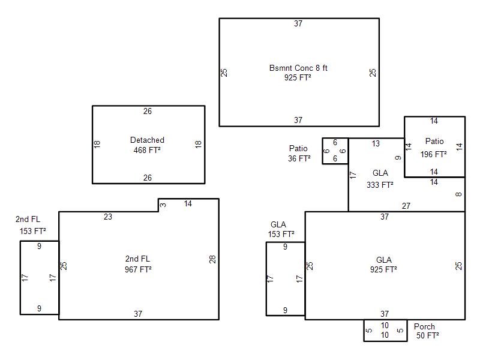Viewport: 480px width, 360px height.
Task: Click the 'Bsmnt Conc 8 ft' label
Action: point(298,68)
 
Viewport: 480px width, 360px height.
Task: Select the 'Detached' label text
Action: point(147,140)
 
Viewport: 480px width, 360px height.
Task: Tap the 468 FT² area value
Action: point(147,151)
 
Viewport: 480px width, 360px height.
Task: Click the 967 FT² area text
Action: point(138,269)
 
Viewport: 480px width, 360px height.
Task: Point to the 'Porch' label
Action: point(424,326)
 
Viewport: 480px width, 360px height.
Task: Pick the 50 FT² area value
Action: point(427,335)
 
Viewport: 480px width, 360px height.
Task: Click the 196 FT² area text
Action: point(433,154)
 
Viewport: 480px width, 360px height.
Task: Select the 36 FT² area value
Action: point(299,158)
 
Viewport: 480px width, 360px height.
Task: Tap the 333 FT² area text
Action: point(380,185)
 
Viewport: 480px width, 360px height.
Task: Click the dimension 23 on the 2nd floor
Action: point(108,217)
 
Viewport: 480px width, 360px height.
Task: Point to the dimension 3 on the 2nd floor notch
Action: point(163,205)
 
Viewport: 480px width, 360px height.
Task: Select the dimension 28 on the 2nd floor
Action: point(212,259)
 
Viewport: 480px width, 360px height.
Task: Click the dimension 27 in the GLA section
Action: point(406,206)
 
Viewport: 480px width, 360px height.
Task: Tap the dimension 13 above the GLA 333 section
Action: point(376,143)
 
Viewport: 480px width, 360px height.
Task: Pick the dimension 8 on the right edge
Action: point(458,194)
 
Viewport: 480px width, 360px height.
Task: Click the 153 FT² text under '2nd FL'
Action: point(33,231)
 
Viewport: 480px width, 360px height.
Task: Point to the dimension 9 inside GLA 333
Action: point(398,158)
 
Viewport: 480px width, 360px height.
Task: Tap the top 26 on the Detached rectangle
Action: point(148,111)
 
